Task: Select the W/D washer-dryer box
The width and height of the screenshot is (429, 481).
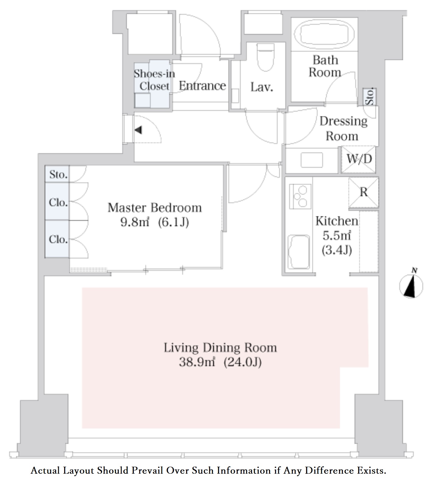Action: click(x=359, y=159)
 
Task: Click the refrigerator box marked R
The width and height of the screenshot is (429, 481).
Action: click(x=364, y=193)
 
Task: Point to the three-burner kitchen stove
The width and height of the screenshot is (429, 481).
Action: click(x=300, y=196)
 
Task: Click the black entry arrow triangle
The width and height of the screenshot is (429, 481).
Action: click(x=139, y=130)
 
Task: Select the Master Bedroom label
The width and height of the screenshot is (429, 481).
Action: click(x=155, y=208)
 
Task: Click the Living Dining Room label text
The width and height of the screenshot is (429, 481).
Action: click(x=220, y=348)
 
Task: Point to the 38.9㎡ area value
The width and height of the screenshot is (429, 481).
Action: click(x=197, y=362)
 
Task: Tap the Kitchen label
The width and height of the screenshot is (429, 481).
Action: click(x=337, y=221)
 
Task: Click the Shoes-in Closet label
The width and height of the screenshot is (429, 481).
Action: click(x=154, y=80)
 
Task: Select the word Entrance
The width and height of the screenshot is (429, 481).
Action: click(x=202, y=86)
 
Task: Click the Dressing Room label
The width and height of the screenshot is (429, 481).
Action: click(x=343, y=129)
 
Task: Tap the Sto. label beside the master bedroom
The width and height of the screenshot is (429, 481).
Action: click(x=58, y=175)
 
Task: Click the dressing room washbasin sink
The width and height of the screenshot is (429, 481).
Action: click(x=312, y=160)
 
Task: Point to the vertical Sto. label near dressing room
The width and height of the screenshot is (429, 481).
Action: click(x=370, y=97)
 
